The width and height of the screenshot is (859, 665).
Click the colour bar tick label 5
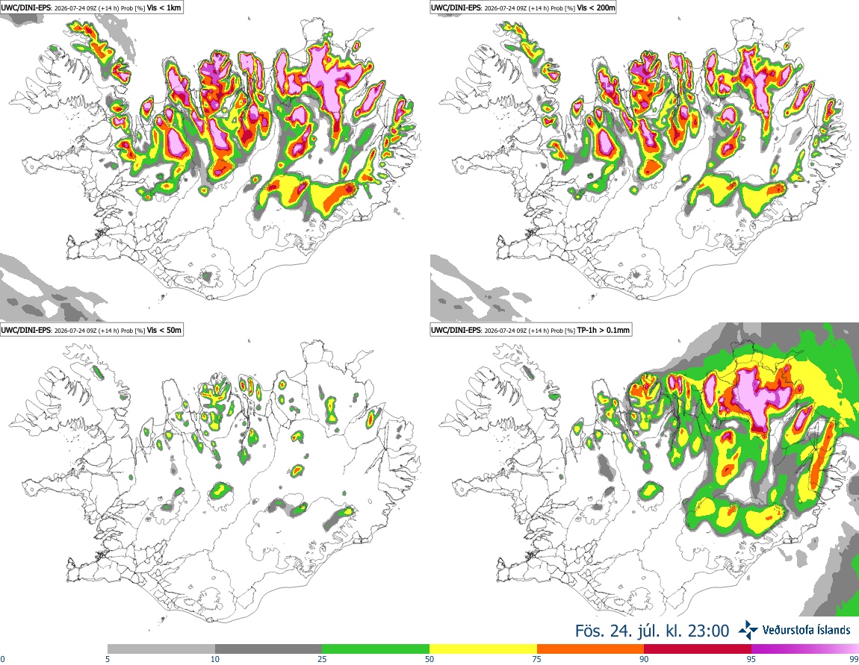tap(108, 659)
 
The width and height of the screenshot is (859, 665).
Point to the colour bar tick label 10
tap(215, 659)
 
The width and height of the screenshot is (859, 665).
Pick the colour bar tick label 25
tap(323, 659)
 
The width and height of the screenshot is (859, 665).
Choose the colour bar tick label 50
tap(429, 659)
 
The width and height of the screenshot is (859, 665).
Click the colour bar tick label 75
tap(537, 659)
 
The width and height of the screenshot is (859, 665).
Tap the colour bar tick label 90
tap(644, 659)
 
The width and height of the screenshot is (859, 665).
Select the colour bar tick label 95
tap(751, 659)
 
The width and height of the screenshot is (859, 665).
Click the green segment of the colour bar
tap(376, 649)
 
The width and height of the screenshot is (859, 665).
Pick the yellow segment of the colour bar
tap(483, 649)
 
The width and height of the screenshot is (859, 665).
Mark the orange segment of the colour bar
tap(591, 649)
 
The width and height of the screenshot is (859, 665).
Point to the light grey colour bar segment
tap(161, 649)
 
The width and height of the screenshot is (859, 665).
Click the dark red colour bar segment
tap(698, 649)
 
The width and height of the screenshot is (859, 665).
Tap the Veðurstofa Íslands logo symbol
tap(748, 631)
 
